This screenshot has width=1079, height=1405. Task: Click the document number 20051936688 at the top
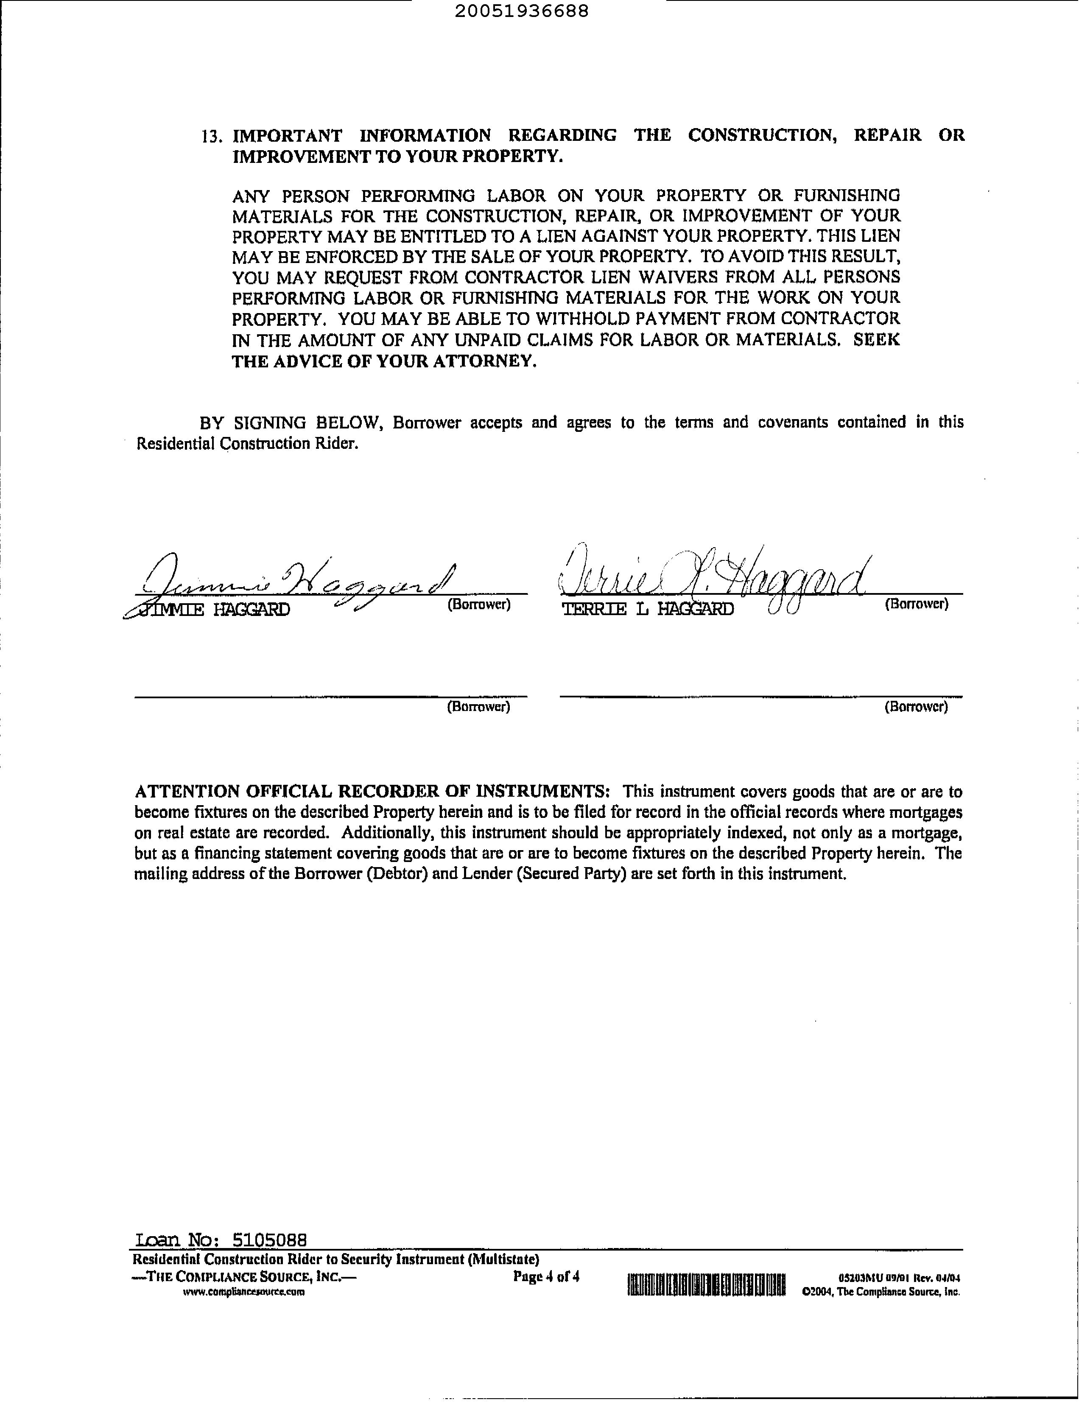click(522, 11)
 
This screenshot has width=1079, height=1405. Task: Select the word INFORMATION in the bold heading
click(425, 136)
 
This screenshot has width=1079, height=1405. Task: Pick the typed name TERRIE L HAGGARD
click(647, 609)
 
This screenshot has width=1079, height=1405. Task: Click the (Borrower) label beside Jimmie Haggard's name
click(478, 605)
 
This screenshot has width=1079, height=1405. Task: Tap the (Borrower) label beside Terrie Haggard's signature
click(916, 605)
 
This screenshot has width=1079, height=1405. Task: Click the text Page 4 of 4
click(546, 1276)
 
